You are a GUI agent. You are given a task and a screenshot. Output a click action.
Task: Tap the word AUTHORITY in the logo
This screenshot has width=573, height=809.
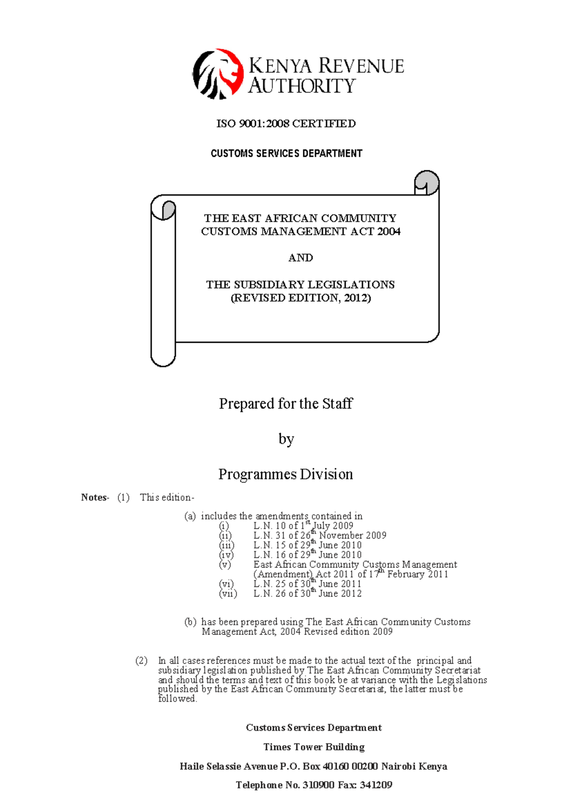302,86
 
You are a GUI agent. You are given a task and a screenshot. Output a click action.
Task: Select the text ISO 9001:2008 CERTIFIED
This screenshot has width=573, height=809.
286,124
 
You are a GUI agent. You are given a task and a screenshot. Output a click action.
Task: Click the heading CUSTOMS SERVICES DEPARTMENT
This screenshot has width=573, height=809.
286,153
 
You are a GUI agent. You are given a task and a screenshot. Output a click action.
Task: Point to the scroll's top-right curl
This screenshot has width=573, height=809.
426,183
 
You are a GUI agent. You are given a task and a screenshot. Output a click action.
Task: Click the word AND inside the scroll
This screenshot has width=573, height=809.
300,258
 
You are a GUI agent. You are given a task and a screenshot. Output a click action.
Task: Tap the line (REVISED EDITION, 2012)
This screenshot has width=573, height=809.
301,298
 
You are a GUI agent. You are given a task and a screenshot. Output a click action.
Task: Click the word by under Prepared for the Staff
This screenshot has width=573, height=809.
286,439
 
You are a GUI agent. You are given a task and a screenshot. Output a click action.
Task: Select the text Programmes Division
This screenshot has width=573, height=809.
286,474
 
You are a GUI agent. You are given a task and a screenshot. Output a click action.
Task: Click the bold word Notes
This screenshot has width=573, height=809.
95,498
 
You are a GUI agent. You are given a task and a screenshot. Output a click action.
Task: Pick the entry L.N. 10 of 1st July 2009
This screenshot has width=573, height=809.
303,526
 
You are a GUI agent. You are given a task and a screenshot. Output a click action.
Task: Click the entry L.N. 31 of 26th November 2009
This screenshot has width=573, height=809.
319,536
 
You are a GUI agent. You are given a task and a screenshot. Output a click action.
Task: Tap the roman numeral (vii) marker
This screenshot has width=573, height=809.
228,594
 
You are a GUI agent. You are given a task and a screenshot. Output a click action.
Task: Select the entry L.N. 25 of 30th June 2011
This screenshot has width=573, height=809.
307,584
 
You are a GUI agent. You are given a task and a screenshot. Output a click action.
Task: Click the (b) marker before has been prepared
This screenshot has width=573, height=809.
191,622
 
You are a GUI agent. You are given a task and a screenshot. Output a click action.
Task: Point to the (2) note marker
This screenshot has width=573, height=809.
141,661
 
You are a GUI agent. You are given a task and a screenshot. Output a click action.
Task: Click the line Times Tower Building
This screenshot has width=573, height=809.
314,747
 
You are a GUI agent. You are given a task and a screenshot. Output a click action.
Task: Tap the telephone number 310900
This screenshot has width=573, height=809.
318,785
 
